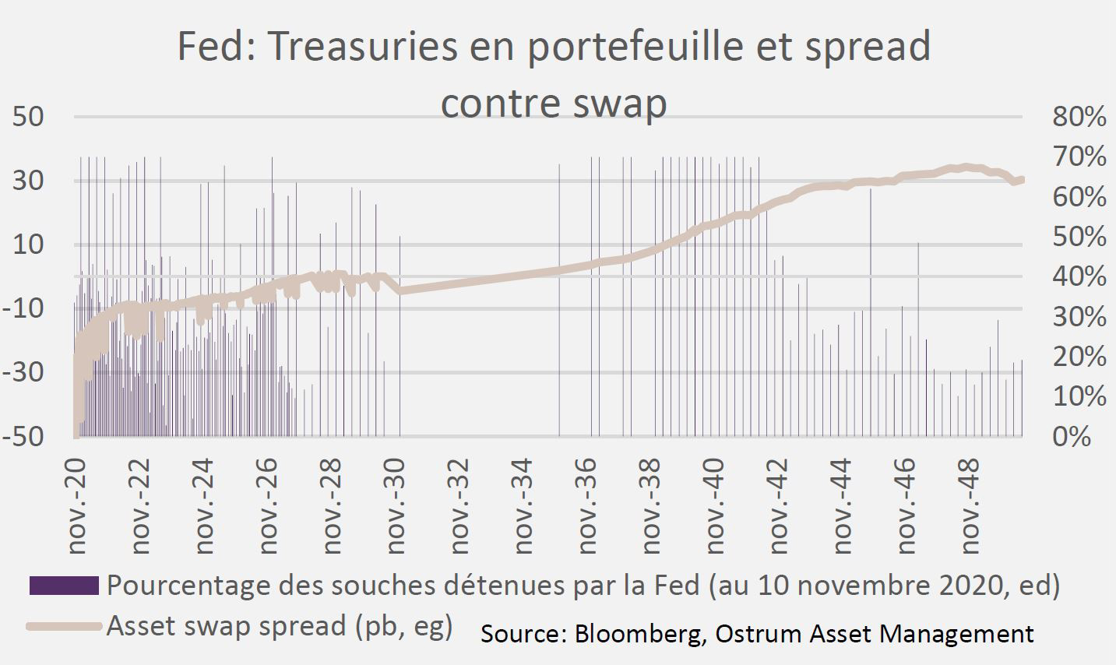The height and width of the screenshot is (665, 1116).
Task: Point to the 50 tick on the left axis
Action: point(27,117)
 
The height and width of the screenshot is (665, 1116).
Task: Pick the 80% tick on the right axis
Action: point(1079,117)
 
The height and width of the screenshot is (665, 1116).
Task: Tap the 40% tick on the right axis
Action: point(1079,276)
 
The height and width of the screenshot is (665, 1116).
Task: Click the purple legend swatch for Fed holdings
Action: point(64,586)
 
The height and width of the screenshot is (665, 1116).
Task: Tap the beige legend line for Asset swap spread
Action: point(64,625)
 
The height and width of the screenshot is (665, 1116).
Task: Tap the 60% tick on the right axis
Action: point(1079,197)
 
